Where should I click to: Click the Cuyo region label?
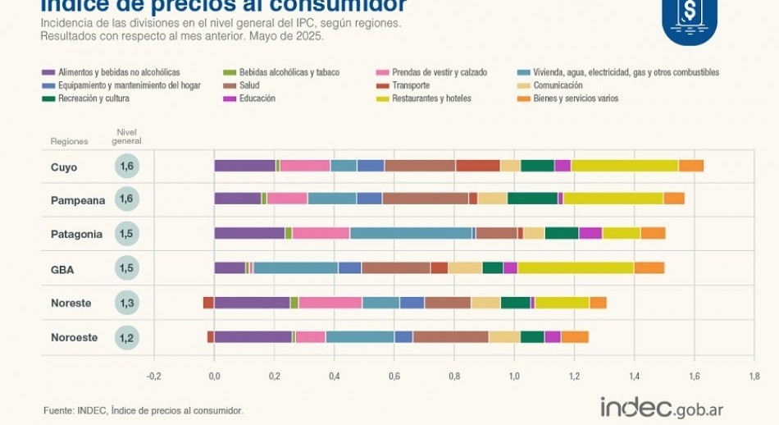pos(64,167)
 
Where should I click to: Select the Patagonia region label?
pos(76,234)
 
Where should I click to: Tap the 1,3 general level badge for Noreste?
pos(127,303)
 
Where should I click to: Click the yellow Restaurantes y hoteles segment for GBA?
pos(575,267)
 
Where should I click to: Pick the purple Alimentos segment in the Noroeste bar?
pos(253,336)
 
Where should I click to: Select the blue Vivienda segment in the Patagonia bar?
pos(411,233)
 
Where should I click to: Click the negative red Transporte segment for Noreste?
pos(208,303)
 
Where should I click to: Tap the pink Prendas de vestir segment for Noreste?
pos(330,303)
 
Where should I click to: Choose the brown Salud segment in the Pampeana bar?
pos(425,199)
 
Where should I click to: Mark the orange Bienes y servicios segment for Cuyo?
pos(691,166)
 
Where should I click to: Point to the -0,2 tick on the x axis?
pos(154,377)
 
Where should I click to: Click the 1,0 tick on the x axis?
pos(514,377)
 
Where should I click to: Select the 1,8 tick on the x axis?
pos(754,377)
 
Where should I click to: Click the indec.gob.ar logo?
pos(662,407)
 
